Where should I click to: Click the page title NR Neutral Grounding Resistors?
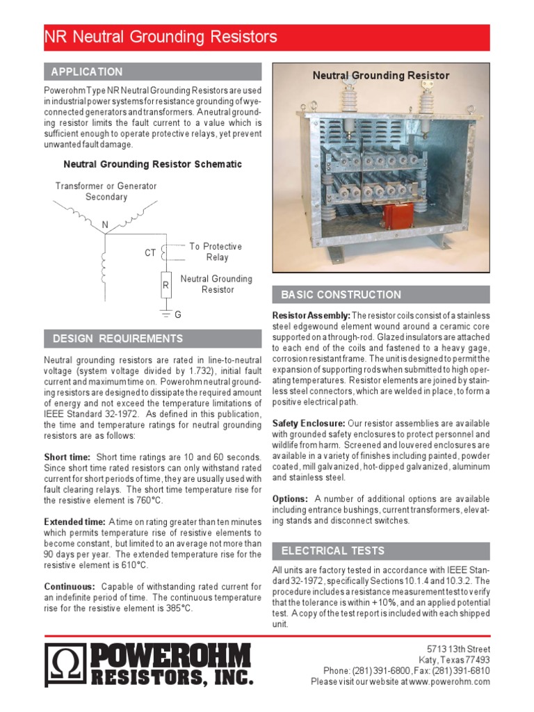(161, 38)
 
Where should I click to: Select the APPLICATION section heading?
(87, 72)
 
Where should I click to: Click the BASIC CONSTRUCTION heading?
(341, 295)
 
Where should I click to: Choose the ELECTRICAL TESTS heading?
(332, 551)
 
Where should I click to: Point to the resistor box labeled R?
(166, 285)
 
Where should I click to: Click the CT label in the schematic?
(150, 253)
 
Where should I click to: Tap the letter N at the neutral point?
(105, 225)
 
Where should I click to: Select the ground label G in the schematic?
(178, 315)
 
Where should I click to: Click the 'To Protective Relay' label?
(216, 252)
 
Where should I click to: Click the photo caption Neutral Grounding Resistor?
(380, 75)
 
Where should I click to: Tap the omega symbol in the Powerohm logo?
(66, 665)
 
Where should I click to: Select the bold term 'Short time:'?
(67, 457)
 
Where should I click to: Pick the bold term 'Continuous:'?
(70, 586)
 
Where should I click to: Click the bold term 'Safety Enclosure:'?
(309, 423)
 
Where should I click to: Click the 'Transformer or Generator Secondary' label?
(106, 191)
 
